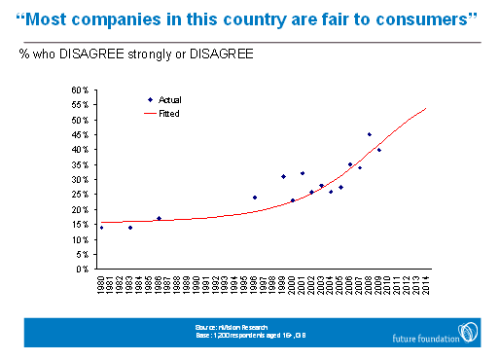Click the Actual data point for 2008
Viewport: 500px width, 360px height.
[370, 134]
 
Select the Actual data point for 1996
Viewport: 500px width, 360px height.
[255, 198]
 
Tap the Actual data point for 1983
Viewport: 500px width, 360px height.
[130, 228]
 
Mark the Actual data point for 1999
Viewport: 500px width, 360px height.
[283, 176]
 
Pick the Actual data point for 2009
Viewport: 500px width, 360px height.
[378, 150]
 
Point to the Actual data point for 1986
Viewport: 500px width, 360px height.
[160, 218]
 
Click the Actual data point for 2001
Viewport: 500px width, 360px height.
[303, 173]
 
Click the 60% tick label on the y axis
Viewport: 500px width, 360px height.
[83, 90]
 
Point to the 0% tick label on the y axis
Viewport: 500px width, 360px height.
[85, 269]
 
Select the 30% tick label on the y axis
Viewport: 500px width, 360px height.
[83, 180]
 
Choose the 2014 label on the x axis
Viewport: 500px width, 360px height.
[426, 285]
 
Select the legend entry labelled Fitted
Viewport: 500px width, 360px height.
[170, 113]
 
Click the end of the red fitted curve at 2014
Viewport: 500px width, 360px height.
[426, 109]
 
